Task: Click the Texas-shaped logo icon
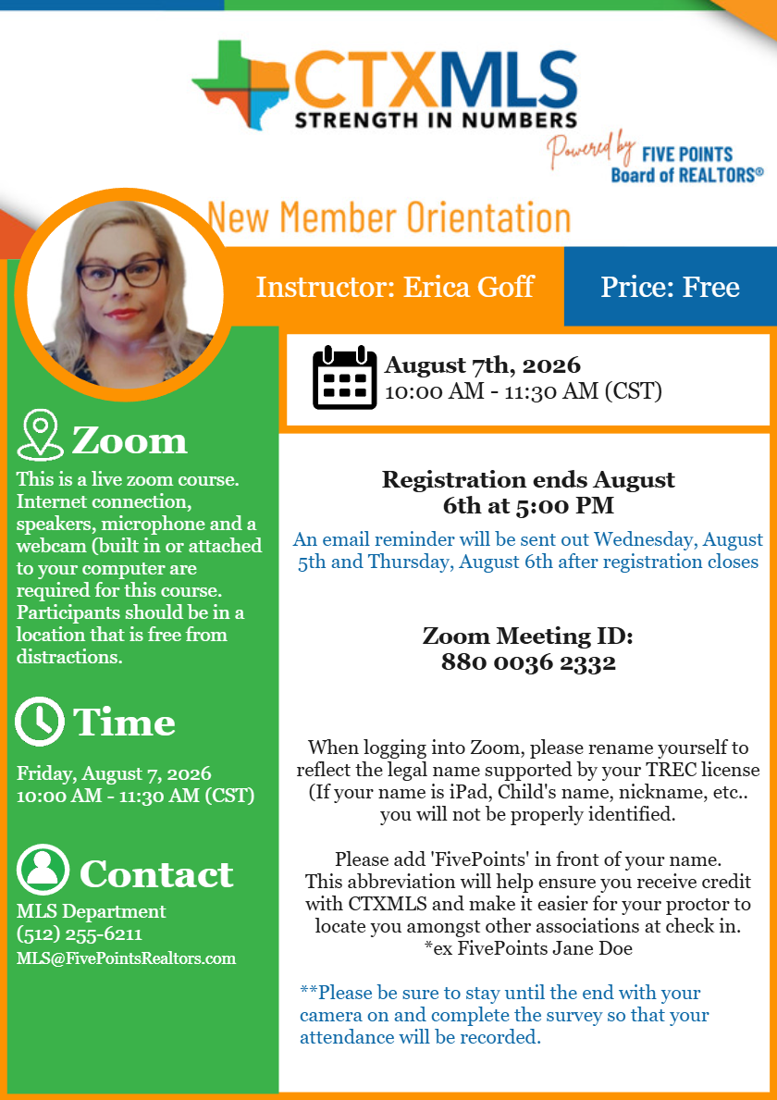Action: (x=243, y=82)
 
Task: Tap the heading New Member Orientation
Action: (x=389, y=217)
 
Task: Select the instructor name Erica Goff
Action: (x=469, y=287)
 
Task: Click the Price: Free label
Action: (x=670, y=287)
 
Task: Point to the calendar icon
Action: (x=344, y=377)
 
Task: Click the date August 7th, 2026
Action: (x=483, y=365)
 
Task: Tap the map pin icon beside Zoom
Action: (x=41, y=435)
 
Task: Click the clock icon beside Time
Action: (x=41, y=723)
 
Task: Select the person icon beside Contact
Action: (x=43, y=871)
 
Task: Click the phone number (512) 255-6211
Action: (x=80, y=934)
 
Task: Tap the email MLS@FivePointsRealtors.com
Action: (x=126, y=958)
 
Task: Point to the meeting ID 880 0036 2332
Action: (x=528, y=662)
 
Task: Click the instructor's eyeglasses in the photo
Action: (x=120, y=274)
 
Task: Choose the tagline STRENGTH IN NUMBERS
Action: (x=436, y=119)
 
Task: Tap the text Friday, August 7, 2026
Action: (x=114, y=773)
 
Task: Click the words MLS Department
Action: (x=91, y=911)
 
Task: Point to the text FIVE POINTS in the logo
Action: (x=687, y=154)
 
